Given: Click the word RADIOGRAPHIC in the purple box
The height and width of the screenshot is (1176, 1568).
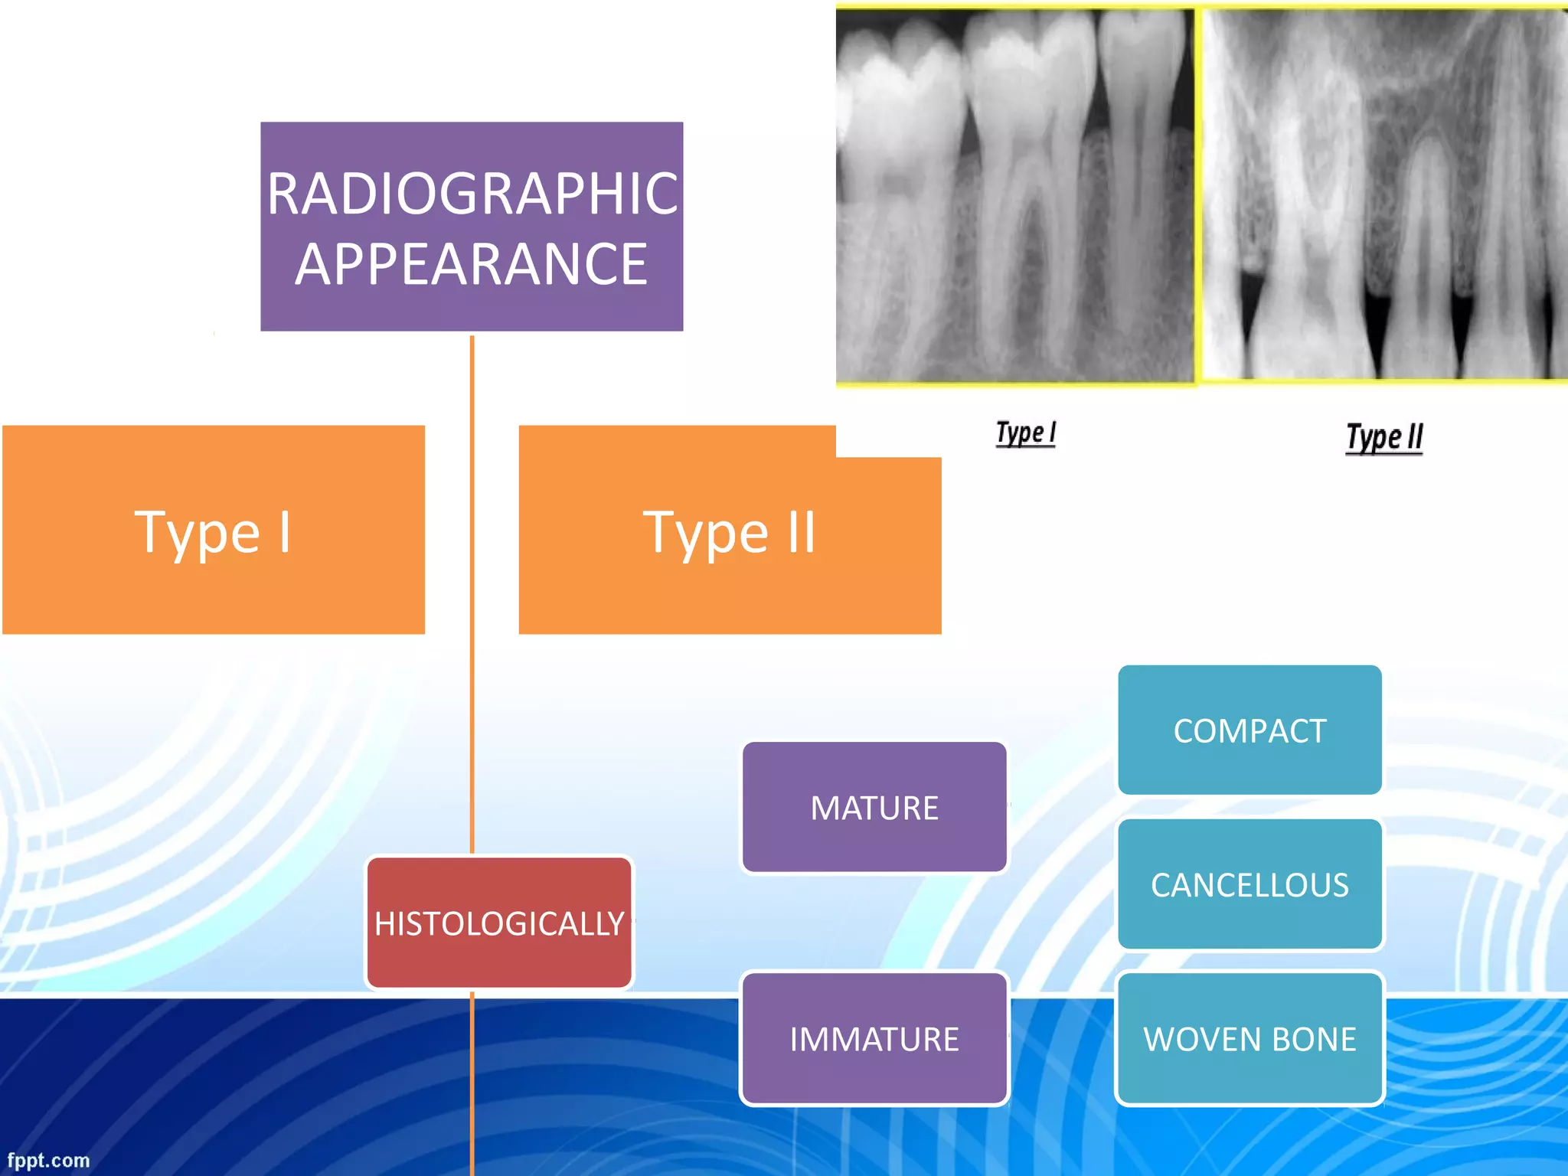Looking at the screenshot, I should pyautogui.click(x=472, y=193).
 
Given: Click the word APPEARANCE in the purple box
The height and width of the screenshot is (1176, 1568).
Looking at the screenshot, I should pyautogui.click(x=472, y=264).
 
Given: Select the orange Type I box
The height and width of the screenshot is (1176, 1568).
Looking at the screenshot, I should pyautogui.click(x=213, y=530).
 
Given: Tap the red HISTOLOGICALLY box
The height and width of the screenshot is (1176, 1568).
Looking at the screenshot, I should pyautogui.click(x=499, y=923).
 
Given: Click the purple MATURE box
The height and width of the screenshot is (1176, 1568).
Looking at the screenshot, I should pyautogui.click(x=874, y=808).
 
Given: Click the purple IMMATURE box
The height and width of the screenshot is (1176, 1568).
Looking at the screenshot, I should pyautogui.click(x=874, y=1039).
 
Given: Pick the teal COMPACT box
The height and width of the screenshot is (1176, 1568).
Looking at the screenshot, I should pyautogui.click(x=1249, y=730).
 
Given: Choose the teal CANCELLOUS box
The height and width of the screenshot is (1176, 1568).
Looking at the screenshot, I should pyautogui.click(x=1249, y=885).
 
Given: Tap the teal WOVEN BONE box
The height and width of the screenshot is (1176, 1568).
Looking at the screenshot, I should pyautogui.click(x=1249, y=1039).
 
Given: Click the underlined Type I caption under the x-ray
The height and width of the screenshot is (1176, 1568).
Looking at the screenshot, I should pyautogui.click(x=1025, y=433).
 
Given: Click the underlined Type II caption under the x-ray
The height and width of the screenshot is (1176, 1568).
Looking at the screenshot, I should pyautogui.click(x=1384, y=438).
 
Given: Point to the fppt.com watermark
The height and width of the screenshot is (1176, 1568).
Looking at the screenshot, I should pyautogui.click(x=48, y=1161).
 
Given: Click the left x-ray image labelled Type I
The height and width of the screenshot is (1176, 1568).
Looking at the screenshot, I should pyautogui.click(x=1014, y=195).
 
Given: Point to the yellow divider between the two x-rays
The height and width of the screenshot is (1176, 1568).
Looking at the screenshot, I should pyautogui.click(x=1198, y=195).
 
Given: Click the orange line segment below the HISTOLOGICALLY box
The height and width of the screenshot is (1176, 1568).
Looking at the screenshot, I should pyautogui.click(x=472, y=1087).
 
